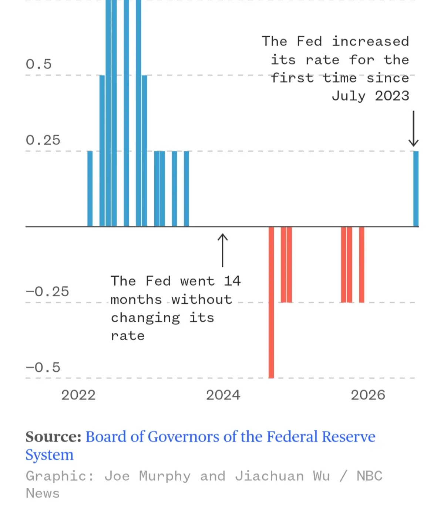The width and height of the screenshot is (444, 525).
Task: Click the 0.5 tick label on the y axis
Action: coord(39,64)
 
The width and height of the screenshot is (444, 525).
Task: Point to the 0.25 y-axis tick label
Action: coord(43,140)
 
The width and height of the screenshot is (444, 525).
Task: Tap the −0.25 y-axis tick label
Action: coord(47,292)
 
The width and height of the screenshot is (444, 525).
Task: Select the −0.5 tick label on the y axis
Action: coord(43,367)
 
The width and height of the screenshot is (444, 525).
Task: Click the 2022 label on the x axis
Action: coord(78,395)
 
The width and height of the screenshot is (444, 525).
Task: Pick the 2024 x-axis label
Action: coord(223,395)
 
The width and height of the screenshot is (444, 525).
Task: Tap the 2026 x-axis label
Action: coord(368,395)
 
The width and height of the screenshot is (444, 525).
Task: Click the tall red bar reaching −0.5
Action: coord(271,303)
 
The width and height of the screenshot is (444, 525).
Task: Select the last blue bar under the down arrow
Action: coord(416,189)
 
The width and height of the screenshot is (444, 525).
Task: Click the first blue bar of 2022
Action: coord(90,189)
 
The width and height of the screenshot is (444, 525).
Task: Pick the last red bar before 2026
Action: coord(361,265)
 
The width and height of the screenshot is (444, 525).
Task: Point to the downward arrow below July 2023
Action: coord(414,129)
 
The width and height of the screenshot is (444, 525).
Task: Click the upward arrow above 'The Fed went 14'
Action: coord(223,250)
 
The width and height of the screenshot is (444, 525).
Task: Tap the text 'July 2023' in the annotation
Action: coord(370,96)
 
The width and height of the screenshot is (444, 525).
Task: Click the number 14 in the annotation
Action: coord(232,281)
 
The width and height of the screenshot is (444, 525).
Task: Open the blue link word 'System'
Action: coord(50,455)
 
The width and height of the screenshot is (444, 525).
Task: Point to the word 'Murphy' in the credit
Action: coord(165,476)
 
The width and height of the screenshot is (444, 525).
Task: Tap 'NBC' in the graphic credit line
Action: coord(370,476)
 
